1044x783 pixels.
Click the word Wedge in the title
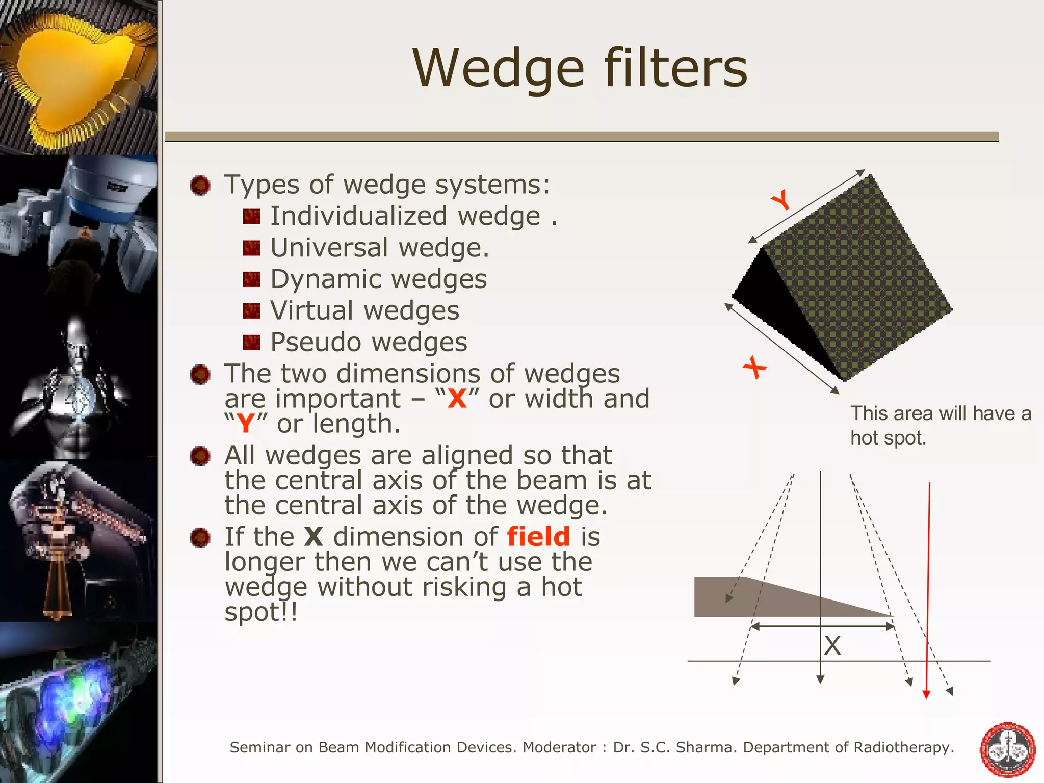click(498, 69)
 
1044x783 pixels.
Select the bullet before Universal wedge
click(251, 248)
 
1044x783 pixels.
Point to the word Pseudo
click(310, 342)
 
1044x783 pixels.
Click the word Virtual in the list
click(311, 310)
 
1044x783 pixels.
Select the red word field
click(538, 537)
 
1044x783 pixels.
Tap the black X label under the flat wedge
click(832, 646)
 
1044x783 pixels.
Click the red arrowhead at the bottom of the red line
click(926, 694)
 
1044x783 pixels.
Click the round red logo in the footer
click(1008, 749)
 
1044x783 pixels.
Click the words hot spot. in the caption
click(888, 438)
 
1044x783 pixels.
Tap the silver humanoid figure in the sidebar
click(76, 387)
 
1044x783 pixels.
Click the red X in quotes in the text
click(457, 399)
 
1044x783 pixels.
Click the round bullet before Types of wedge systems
click(200, 186)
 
